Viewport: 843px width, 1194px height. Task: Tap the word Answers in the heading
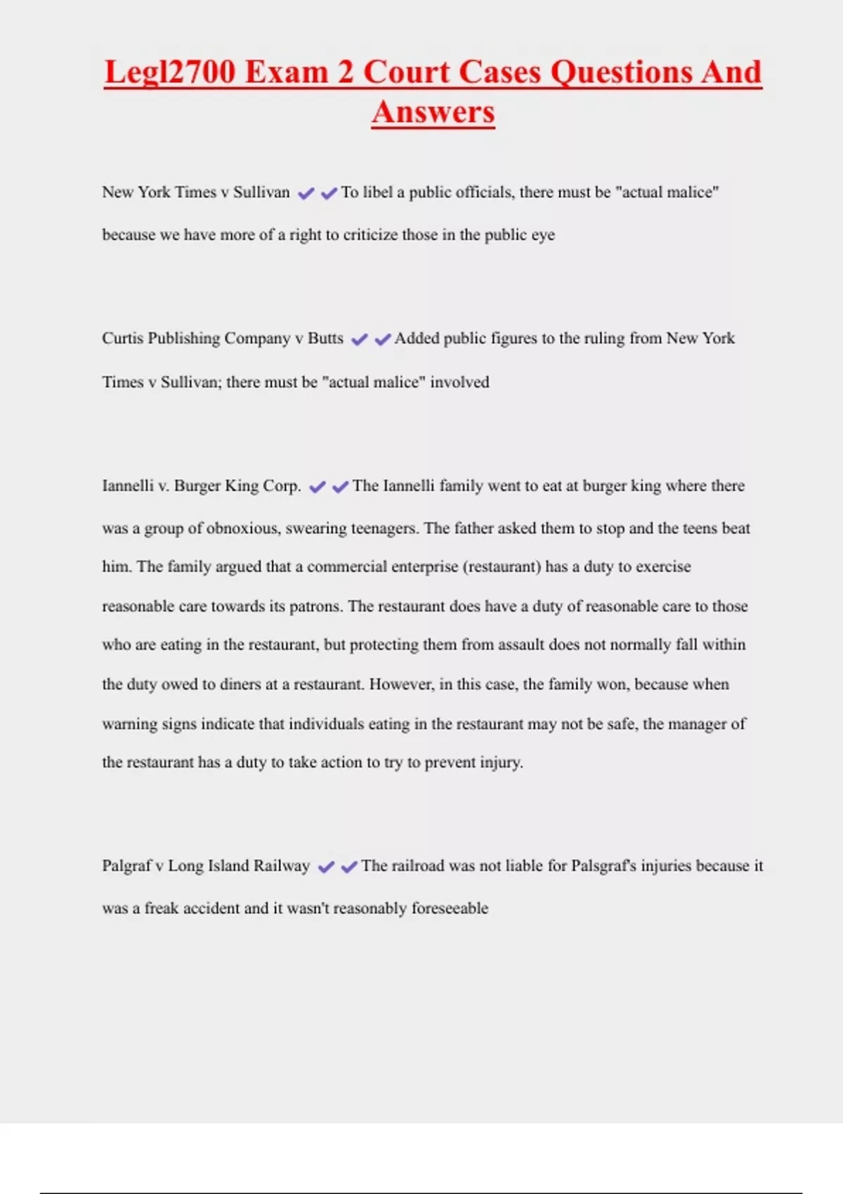(x=433, y=112)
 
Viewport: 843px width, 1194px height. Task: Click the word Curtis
(x=122, y=339)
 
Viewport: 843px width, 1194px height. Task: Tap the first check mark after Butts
(x=359, y=340)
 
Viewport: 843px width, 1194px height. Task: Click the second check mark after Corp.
(x=341, y=487)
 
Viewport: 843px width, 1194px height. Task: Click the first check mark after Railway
(x=326, y=867)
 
